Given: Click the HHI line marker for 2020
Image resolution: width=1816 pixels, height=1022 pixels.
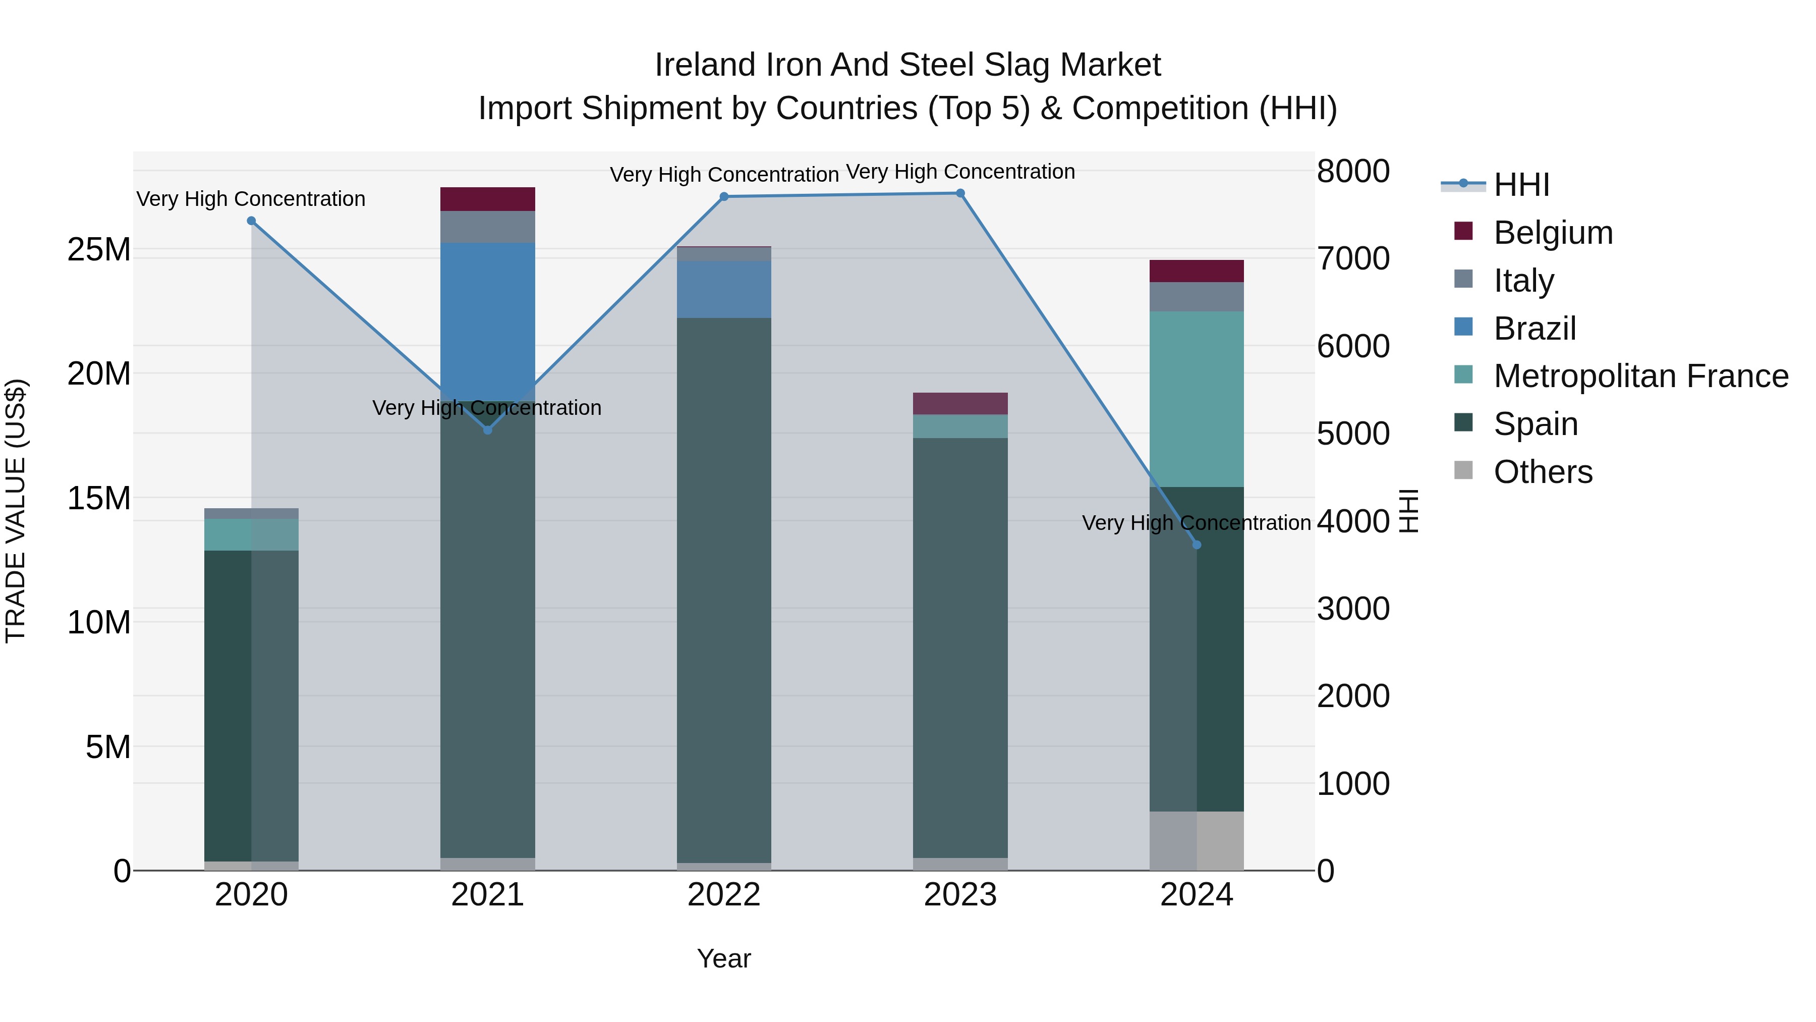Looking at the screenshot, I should [251, 221].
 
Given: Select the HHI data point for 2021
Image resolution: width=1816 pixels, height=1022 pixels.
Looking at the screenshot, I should [487, 429].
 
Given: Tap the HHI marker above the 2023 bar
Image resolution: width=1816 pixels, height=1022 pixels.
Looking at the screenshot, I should [960, 193].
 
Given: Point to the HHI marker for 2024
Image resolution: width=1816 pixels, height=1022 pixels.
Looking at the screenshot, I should [1197, 545].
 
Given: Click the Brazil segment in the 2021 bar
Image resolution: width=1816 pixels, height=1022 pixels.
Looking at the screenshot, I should [487, 321].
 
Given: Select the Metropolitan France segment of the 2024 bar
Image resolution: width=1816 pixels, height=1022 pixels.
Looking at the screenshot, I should [1197, 399].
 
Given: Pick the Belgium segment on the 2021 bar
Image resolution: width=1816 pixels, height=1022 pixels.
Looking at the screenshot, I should [487, 199].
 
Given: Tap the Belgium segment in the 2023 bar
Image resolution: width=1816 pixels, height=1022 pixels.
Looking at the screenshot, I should [960, 403].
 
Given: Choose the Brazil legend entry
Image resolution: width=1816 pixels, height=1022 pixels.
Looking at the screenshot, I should [1534, 329].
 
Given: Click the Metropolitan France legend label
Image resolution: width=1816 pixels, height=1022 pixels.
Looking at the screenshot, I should [1640, 376].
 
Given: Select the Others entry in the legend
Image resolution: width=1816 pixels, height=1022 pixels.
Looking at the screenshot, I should [1543, 472].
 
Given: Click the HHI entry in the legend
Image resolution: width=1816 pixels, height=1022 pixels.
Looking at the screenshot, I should [1521, 185].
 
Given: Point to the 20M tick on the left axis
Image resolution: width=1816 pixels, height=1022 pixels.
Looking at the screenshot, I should [99, 374].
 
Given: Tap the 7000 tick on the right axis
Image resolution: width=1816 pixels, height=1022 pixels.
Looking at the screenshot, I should [1353, 259].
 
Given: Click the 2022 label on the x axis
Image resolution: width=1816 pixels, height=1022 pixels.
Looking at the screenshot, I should [723, 895].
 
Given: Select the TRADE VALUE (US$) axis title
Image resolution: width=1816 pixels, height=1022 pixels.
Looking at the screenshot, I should [16, 511].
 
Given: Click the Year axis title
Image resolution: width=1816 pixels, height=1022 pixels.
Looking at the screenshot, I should [723, 958].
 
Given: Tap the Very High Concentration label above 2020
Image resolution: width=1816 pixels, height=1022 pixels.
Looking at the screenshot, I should [251, 199].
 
